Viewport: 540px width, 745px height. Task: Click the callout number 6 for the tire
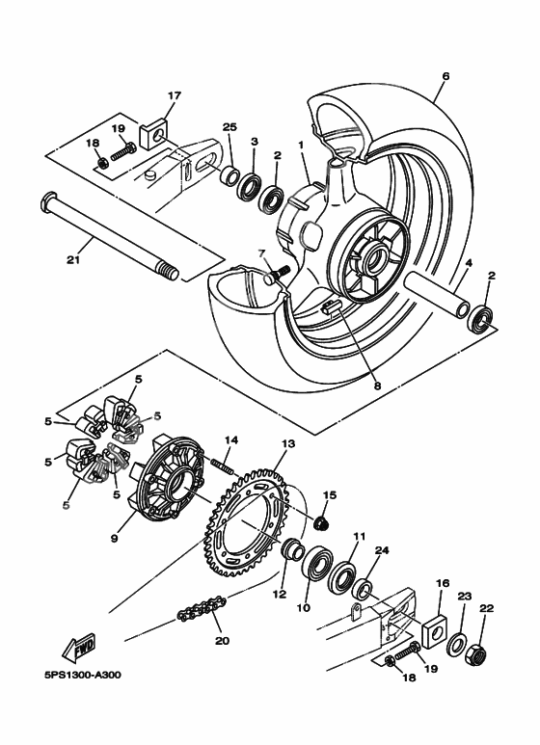point(445,75)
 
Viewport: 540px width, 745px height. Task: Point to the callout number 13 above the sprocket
point(286,444)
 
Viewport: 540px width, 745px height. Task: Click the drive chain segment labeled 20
point(202,610)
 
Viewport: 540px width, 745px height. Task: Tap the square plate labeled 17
point(155,133)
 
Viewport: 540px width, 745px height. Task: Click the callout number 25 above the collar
point(229,128)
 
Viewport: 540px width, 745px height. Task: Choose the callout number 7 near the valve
point(260,253)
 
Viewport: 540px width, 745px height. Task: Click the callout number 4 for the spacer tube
point(468,262)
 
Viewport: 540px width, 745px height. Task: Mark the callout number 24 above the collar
point(381,552)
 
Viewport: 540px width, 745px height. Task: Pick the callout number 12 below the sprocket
point(279,595)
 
